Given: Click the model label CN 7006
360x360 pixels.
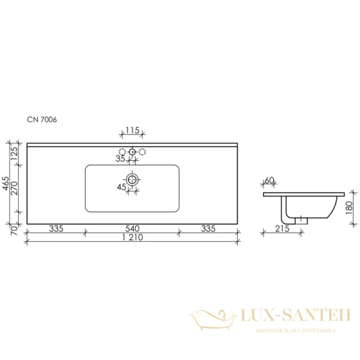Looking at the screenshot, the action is click(x=42, y=119).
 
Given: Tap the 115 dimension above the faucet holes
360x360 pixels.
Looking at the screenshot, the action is click(x=133, y=130).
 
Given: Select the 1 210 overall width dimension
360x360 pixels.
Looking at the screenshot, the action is click(x=133, y=237).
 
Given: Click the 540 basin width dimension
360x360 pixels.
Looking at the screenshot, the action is click(x=132, y=229).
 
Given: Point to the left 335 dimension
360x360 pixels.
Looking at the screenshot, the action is click(x=56, y=229).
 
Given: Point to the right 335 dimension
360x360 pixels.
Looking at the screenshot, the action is click(x=208, y=229).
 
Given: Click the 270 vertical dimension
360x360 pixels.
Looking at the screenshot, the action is click(x=14, y=188).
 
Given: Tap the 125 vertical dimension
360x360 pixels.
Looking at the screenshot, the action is click(x=14, y=154).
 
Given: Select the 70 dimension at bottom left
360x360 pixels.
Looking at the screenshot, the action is click(x=14, y=230).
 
